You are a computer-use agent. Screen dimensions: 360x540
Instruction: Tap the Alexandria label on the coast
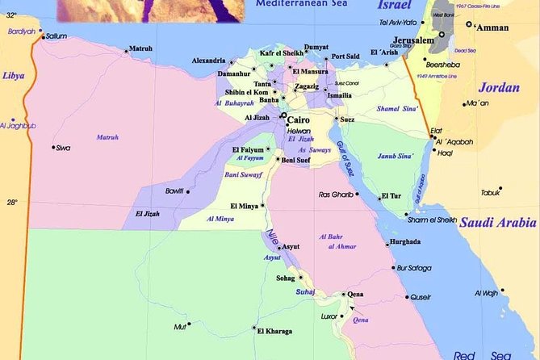[208, 61]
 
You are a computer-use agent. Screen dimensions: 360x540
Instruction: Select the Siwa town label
[63, 149]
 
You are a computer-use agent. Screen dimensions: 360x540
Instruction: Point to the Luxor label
[329, 316]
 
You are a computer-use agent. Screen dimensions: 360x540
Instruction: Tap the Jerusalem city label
[415, 40]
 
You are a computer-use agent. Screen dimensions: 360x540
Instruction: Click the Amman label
[493, 27]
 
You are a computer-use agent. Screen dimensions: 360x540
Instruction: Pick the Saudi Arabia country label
[497, 223]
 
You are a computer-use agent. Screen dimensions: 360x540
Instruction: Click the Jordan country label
[499, 87]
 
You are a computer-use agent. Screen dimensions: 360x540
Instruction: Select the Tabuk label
[491, 193]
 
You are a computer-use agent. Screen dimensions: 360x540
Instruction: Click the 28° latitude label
[11, 203]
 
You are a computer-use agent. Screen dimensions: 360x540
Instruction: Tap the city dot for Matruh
[126, 52]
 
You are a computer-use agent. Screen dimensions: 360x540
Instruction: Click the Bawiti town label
[174, 190]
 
